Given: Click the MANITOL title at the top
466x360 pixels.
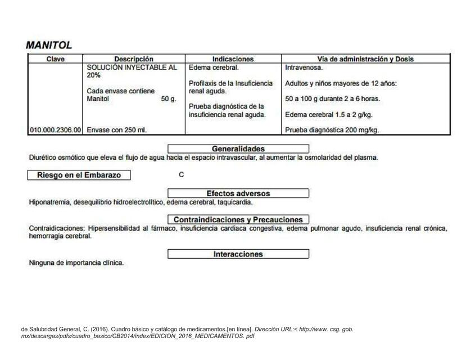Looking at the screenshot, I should (x=49, y=45).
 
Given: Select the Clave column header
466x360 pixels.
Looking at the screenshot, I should (x=55, y=58).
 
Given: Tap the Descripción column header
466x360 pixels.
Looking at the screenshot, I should (x=133, y=58).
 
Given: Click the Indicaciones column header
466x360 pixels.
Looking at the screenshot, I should (x=233, y=58).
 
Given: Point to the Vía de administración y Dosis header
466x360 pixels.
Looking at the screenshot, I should (x=366, y=58).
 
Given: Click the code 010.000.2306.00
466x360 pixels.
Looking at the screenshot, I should (x=55, y=130).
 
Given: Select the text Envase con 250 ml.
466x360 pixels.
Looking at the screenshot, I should (x=116, y=130).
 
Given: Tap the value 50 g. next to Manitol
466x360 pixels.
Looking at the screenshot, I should (x=169, y=98).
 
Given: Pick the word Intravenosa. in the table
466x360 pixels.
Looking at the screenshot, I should (x=304, y=67).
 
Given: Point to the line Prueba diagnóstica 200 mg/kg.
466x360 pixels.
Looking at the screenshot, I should (x=332, y=130).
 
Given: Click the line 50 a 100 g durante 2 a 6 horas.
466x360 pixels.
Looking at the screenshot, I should (x=332, y=98).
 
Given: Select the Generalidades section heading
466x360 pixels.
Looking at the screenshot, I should (x=238, y=148).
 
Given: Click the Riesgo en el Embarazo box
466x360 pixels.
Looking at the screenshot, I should (x=79, y=175).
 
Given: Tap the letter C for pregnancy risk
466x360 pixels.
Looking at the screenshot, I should (x=181, y=175).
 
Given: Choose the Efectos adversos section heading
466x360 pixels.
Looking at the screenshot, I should (x=238, y=193).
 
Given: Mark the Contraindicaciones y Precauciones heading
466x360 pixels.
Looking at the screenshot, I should (x=238, y=219).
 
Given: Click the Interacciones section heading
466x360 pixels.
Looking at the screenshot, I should (x=238, y=254).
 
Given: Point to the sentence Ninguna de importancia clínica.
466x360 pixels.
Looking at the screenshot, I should (x=76, y=263).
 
